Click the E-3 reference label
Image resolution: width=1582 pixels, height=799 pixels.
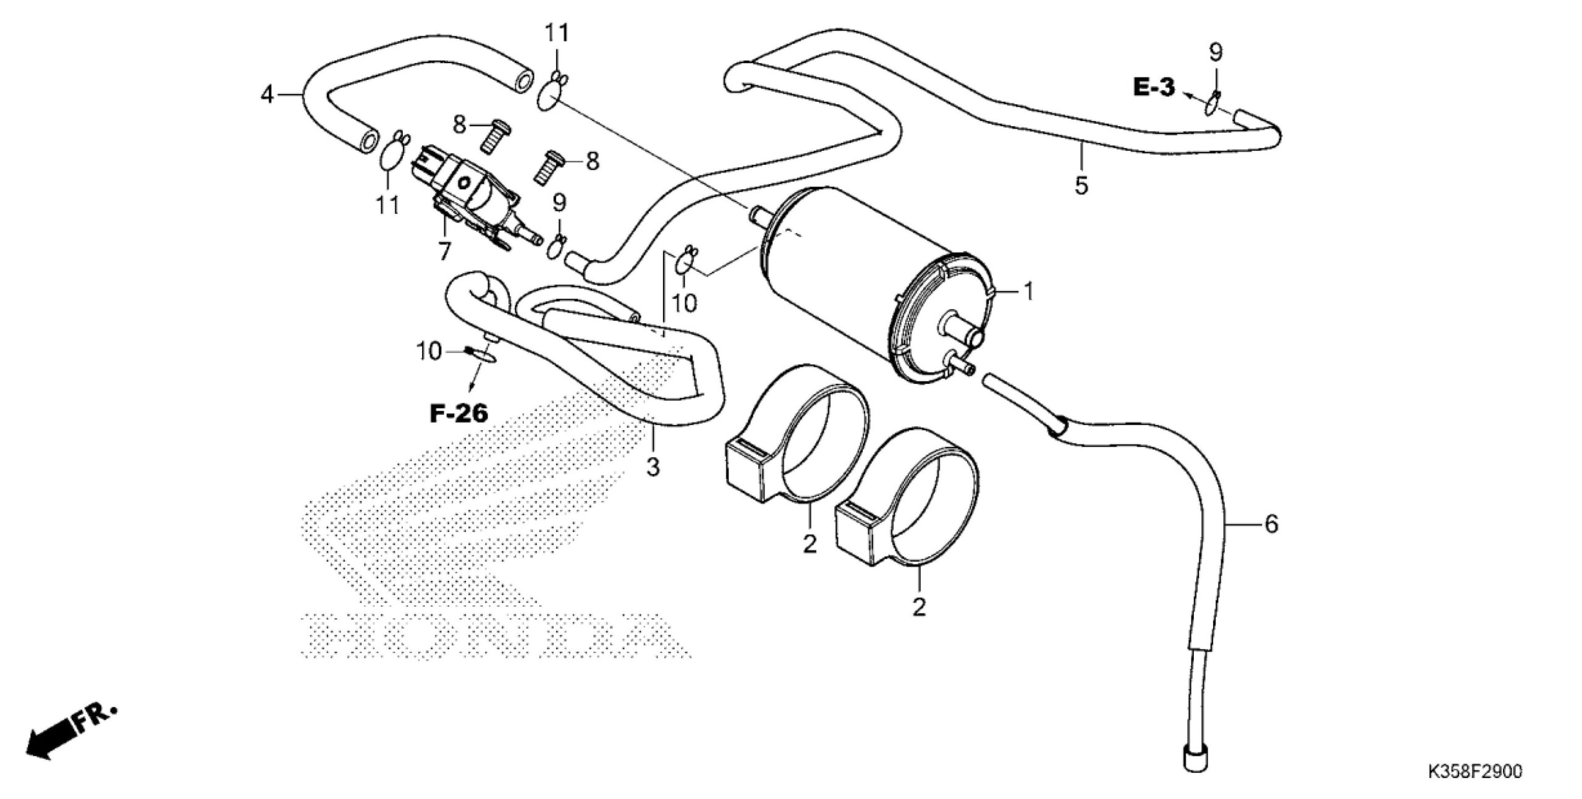[1153, 87]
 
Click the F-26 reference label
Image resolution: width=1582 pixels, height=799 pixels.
[459, 413]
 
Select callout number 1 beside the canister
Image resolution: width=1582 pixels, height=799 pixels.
[1028, 291]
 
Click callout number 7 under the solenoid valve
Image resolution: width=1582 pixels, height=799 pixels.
[444, 251]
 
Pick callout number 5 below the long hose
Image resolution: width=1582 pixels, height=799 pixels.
[1081, 185]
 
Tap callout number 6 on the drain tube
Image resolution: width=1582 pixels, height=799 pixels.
[1271, 525]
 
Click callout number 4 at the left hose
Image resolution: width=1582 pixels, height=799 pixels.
[267, 95]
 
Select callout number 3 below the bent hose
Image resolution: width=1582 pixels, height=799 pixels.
[653, 467]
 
